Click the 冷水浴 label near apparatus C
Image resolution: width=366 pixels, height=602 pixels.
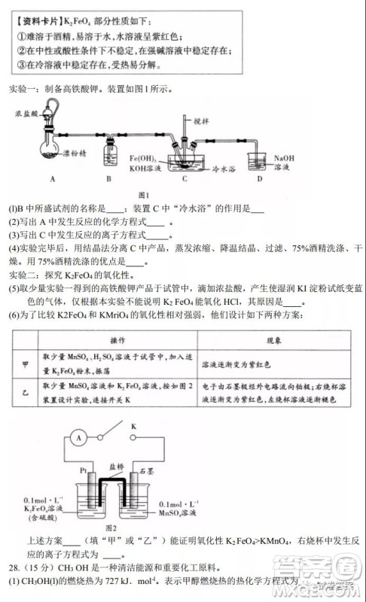click(x=224, y=170)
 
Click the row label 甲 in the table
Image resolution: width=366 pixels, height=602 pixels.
click(x=23, y=364)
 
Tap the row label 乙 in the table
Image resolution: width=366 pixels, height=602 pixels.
click(x=23, y=393)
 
